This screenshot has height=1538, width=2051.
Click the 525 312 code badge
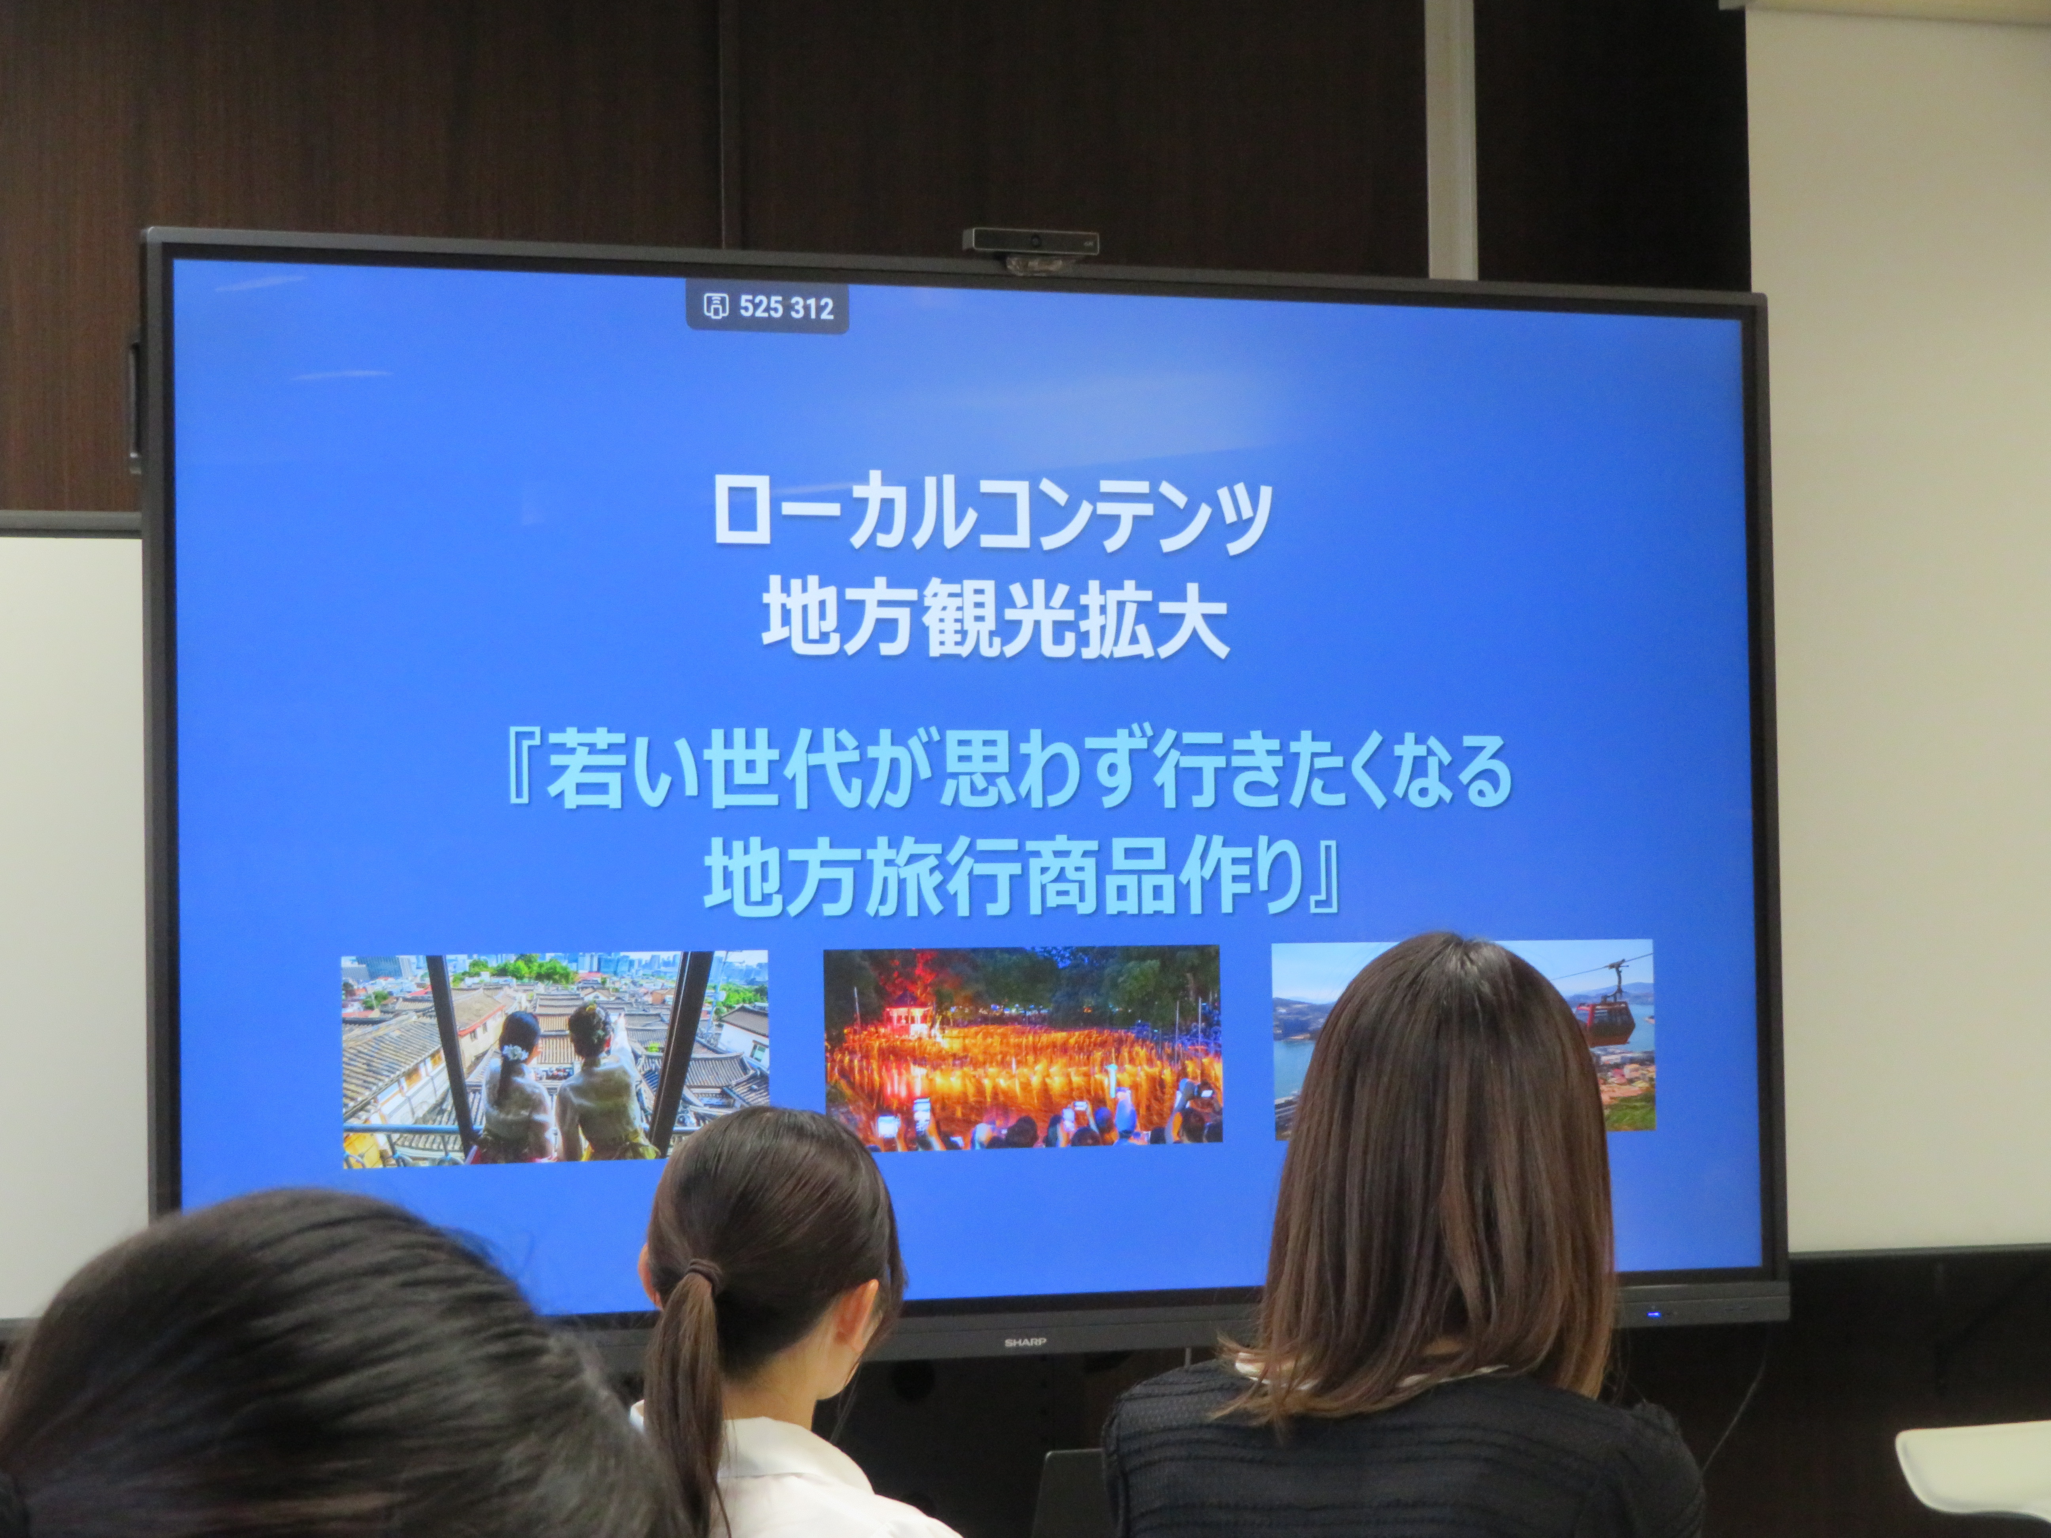point(767,307)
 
